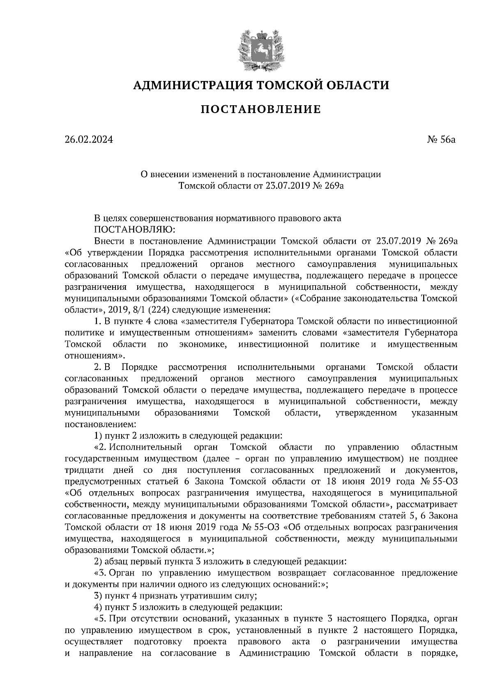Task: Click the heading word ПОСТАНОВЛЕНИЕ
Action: tap(260, 109)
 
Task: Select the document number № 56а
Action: tap(442, 140)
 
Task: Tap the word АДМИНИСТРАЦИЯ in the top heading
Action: tap(192, 86)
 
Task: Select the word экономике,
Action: tap(204, 344)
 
